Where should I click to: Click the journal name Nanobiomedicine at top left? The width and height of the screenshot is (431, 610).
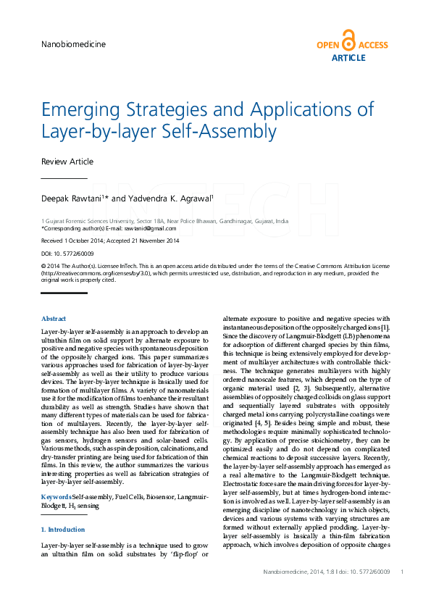click(73, 44)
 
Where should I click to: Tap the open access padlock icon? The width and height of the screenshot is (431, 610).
click(349, 41)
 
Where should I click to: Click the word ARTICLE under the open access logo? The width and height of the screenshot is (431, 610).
click(348, 58)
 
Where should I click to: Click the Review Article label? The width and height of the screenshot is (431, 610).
click(67, 162)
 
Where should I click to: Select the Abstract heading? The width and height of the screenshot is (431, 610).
click(54, 319)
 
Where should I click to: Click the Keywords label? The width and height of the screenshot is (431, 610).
click(56, 497)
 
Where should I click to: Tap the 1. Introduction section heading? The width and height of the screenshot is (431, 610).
click(64, 530)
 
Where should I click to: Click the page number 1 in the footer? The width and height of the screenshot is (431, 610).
click(401, 572)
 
